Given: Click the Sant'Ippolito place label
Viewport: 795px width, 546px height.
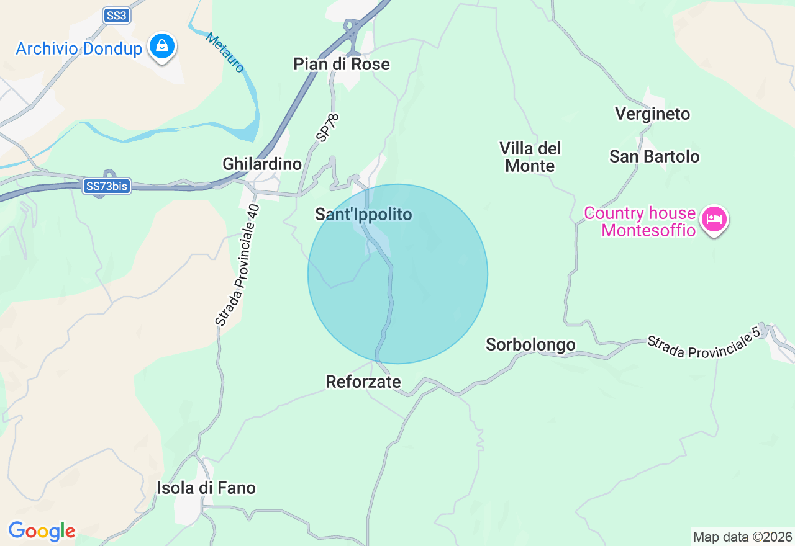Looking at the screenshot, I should click(x=363, y=215).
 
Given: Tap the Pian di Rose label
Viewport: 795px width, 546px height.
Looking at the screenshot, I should click(x=342, y=64).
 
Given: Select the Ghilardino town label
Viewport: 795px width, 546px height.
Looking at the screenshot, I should click(x=262, y=164).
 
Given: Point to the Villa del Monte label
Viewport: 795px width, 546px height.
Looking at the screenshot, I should click(x=530, y=157).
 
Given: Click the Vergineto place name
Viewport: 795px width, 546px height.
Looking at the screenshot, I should click(x=652, y=114).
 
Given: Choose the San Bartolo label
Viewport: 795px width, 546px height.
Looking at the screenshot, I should click(x=654, y=156).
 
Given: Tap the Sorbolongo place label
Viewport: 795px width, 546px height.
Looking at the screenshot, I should click(x=530, y=344).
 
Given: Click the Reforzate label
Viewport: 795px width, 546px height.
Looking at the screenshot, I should click(x=363, y=382).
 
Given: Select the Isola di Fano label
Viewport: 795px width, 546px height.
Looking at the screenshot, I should click(x=206, y=488).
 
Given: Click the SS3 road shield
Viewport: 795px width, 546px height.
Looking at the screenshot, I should click(x=116, y=16).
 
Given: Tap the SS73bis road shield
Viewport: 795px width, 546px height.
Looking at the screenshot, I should click(x=107, y=186).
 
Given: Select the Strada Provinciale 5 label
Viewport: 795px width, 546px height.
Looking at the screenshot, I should click(x=703, y=342).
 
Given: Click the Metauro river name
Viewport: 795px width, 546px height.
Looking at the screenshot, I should click(x=225, y=52).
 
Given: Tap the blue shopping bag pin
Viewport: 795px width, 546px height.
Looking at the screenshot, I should click(x=162, y=47).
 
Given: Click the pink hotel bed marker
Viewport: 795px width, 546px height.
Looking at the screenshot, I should click(x=714, y=219).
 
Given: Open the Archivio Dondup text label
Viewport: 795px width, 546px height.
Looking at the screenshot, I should click(x=79, y=48).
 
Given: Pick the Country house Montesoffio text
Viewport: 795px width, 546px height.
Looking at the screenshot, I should click(x=640, y=222).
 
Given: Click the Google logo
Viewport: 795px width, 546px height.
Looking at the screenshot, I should click(x=42, y=531).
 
